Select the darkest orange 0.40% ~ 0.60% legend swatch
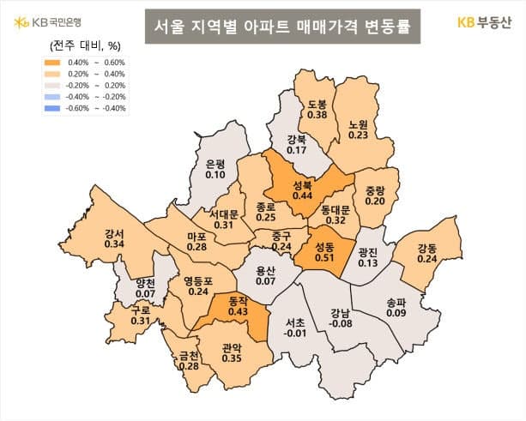pyautogui.click(x=54, y=62)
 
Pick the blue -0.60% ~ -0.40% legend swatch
pyautogui.click(x=54, y=108)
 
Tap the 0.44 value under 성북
pyautogui.click(x=302, y=195)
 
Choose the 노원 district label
pyautogui.click(x=359, y=123)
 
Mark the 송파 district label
pyautogui.click(x=396, y=302)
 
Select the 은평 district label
pyautogui.click(x=215, y=164)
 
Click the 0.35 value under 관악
pyautogui.click(x=231, y=359)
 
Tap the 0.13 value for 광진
pyautogui.click(x=367, y=263)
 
